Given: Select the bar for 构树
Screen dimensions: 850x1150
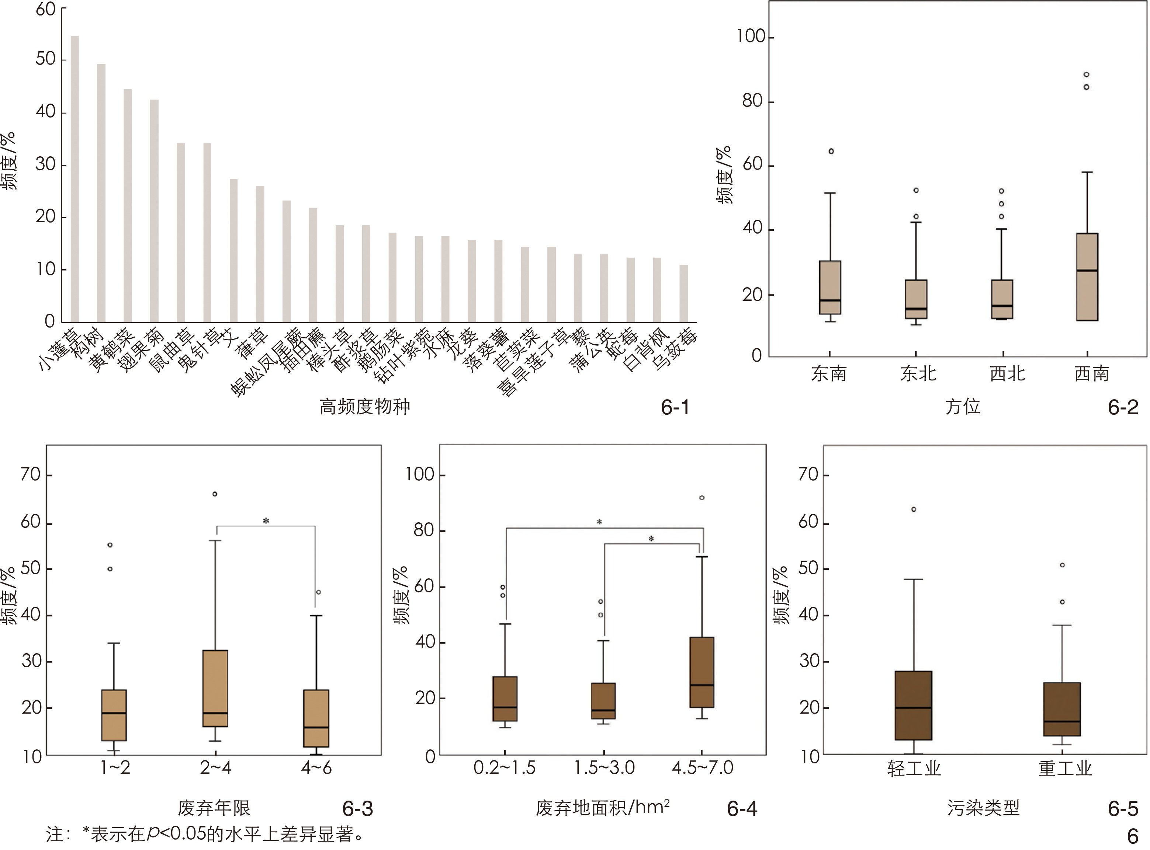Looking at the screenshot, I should (x=101, y=193).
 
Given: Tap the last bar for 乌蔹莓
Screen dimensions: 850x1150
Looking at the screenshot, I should (x=683, y=294).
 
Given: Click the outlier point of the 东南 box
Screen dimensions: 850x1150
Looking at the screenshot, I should (x=831, y=151).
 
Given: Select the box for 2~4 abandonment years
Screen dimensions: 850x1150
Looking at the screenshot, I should (x=215, y=689).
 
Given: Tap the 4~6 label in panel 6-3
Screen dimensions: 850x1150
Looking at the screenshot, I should (x=316, y=768).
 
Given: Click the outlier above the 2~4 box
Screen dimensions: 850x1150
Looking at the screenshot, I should (x=215, y=494).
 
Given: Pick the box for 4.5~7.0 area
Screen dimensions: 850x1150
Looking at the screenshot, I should (x=702, y=672).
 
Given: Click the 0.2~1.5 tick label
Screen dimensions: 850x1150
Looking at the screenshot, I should (x=505, y=768).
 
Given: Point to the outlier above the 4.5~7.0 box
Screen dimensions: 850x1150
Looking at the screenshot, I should (x=702, y=498).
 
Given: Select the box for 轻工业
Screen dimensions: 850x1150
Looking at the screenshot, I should (x=913, y=706).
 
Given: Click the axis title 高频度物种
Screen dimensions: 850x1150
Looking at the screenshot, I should (x=364, y=407).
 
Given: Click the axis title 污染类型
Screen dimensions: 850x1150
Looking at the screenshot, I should (x=983, y=808).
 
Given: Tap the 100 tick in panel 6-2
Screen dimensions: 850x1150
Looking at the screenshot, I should (x=751, y=37).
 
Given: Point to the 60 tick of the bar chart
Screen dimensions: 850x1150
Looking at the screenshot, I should (x=45, y=9).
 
